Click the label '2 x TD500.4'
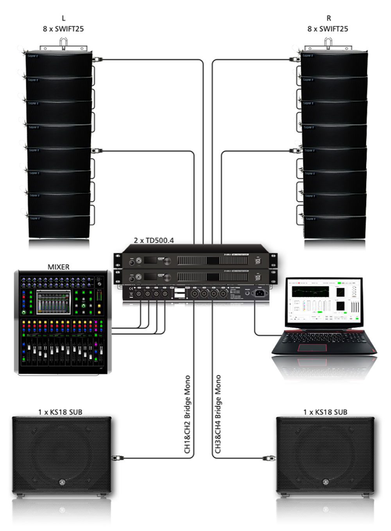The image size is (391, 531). coord(154,241)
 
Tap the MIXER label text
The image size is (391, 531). coord(58,267)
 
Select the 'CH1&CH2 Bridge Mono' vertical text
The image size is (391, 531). coord(188,414)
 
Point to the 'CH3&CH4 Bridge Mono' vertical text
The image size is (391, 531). coord(218,414)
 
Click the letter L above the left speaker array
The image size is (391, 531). coord(63,18)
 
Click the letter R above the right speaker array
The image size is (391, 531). coord(328,18)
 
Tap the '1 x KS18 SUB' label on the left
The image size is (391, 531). coord(60,412)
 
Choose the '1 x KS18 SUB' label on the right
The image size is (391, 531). coord(325,412)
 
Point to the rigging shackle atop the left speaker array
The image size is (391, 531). coord(63,42)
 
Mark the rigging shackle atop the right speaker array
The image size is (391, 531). coord(328,42)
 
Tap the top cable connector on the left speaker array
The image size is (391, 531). coord(97,60)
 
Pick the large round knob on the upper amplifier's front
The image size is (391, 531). coord(167,261)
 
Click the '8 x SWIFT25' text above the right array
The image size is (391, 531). coord(328,29)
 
